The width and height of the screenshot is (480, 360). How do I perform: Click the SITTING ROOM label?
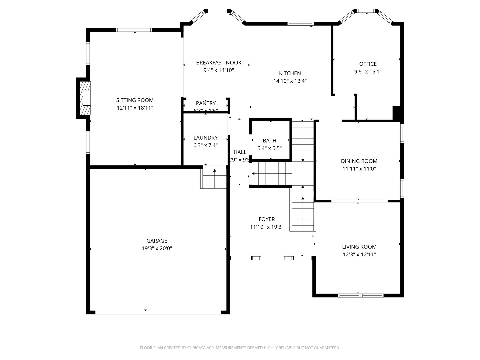point(135,100)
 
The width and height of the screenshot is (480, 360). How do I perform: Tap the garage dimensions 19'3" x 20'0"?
point(157,248)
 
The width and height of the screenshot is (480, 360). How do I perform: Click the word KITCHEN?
point(290,73)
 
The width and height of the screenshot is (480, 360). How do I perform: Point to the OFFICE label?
point(368,64)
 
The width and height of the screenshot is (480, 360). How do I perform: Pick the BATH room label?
point(269,141)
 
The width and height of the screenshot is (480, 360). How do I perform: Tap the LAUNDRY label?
point(205,138)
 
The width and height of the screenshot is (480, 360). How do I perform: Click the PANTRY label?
point(206,103)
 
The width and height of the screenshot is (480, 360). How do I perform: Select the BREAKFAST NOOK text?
point(219,63)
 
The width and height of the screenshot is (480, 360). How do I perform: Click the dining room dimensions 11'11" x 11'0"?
point(359,169)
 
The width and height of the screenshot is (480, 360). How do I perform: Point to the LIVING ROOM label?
point(359,247)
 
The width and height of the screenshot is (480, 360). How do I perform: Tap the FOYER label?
point(267,219)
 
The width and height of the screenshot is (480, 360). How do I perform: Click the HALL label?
point(240,152)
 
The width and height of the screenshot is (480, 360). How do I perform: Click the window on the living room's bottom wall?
point(361,295)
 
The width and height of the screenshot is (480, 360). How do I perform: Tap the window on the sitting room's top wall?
point(134,30)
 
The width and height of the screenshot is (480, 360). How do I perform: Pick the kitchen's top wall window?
point(300,24)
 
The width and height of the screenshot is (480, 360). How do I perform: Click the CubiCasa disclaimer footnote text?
point(240,348)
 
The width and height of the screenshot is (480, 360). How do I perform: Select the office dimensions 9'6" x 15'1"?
point(368,72)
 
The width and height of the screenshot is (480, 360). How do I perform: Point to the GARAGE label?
point(157,241)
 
